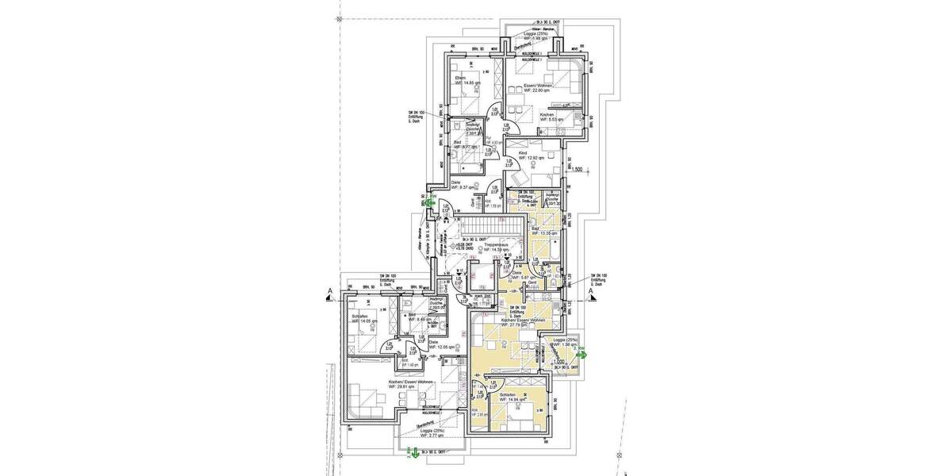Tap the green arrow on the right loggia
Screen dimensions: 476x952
[x=582, y=355]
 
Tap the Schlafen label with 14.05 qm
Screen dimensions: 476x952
[x=362, y=317]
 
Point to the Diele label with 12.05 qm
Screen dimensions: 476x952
[x=438, y=345]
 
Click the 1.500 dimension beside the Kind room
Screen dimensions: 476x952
[x=577, y=169]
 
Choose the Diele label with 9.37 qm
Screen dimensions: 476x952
[x=462, y=185]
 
